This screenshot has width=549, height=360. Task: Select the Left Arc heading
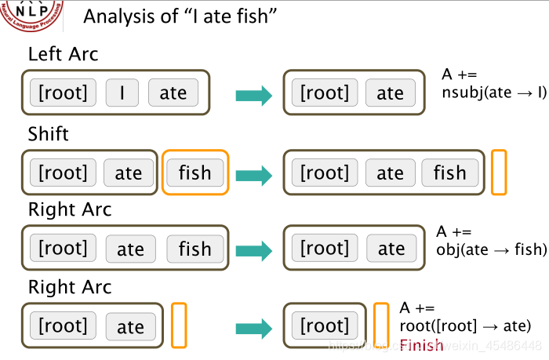coord(63,55)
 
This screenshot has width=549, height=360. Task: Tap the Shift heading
coord(49,133)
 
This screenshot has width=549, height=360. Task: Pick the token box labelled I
coord(122,93)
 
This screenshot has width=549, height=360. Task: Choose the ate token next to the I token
coord(173,93)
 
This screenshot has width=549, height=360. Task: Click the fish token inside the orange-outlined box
coord(195,173)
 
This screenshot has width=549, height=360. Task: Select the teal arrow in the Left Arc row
coord(253,96)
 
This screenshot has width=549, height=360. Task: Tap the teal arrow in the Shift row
coord(253,174)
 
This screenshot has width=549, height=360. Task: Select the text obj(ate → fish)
coord(490,250)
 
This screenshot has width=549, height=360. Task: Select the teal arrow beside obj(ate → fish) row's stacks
coord(253,250)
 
